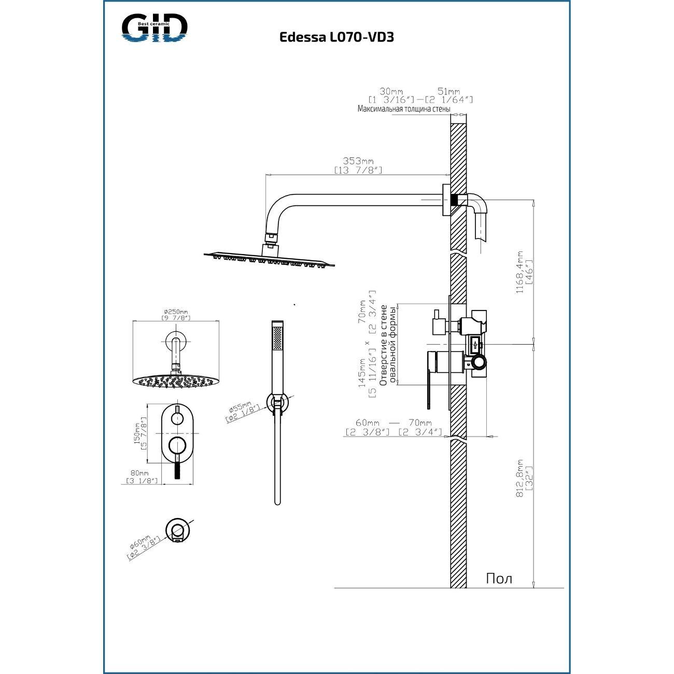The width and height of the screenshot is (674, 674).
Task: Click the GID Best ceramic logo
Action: pyautogui.click(x=155, y=28)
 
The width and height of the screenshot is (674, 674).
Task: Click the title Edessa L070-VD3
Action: pyautogui.click(x=336, y=37)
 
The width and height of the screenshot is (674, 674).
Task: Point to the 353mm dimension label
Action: pyautogui.click(x=358, y=161)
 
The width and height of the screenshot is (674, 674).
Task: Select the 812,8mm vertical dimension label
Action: pyautogui.click(x=520, y=479)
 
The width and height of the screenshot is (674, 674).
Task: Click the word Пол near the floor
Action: pyautogui.click(x=499, y=579)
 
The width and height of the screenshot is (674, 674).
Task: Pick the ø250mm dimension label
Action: pyautogui.click(x=176, y=311)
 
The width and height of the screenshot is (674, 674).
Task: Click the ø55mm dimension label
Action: pyautogui.click(x=240, y=408)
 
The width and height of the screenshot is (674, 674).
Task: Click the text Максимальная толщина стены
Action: pyautogui.click(x=404, y=109)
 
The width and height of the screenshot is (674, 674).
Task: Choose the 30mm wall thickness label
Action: pyautogui.click(x=391, y=92)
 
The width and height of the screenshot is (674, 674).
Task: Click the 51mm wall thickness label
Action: pyautogui.click(x=449, y=92)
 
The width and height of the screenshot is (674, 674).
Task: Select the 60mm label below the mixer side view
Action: pyautogui.click(x=368, y=423)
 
